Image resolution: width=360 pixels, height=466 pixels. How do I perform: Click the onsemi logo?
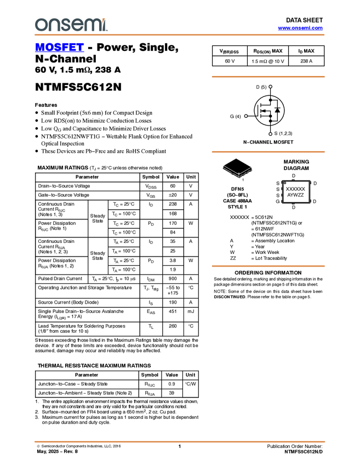coord(71,25)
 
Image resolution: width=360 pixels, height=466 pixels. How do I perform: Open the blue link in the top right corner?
coord(300,28)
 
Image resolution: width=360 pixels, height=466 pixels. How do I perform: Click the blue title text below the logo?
coord(59,48)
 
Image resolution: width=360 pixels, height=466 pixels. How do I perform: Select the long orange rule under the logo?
coord(179,35)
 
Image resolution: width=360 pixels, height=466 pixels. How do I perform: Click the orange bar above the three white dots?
coord(268,77)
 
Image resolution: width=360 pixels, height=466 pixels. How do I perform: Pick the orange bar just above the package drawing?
coord(268,152)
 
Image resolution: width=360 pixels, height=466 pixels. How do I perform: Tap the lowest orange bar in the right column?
coord(268,266)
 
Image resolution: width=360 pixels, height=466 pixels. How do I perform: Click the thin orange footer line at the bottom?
coord(179,441)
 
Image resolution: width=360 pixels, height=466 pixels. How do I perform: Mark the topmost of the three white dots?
coord(271,87)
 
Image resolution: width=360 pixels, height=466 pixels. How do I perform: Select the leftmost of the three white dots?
coord(246,116)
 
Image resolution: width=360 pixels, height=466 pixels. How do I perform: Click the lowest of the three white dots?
coord(271,134)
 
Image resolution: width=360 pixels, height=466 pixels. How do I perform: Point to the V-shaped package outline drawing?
coord(238,171)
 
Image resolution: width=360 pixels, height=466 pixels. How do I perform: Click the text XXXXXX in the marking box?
coord(296,189)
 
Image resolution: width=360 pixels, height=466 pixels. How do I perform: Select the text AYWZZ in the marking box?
coord(296,195)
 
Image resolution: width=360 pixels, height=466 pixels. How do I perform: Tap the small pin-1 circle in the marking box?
coord(285,183)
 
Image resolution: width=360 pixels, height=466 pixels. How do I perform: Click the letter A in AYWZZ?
coord(289,195)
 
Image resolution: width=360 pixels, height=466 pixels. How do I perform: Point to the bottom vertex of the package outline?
coord(239,177)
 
